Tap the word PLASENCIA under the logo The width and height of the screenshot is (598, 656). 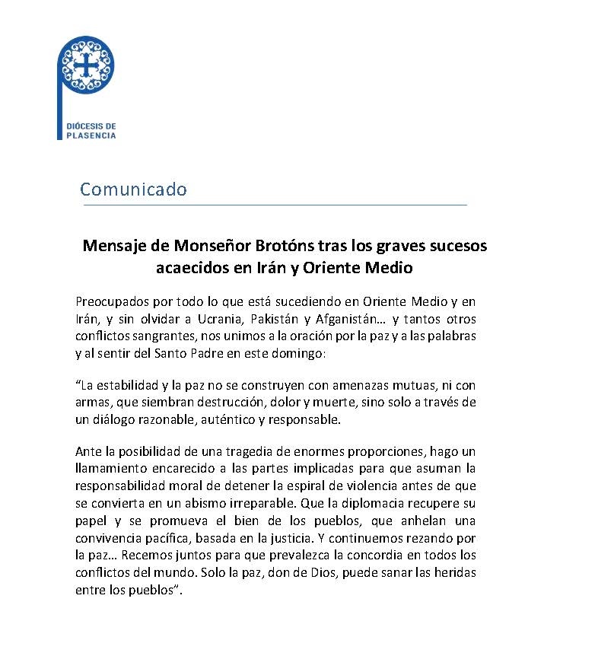91,135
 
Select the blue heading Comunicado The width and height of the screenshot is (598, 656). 133,189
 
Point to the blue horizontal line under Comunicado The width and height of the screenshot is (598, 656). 273,205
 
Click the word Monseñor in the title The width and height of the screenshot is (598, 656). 211,246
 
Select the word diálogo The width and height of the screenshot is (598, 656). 115,419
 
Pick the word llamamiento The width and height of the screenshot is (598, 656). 111,469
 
